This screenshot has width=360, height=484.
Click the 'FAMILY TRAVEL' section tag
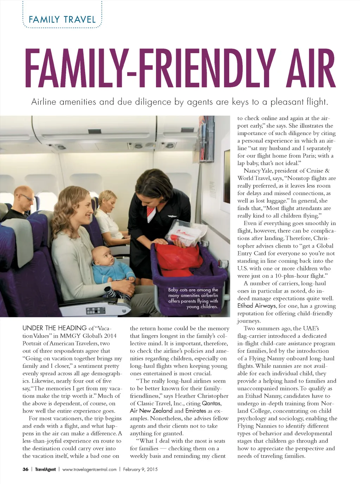(x=62, y=19)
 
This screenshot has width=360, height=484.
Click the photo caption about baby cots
(x=193, y=298)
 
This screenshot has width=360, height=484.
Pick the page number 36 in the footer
(x=25, y=469)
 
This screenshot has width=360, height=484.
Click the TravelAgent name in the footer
(x=45, y=469)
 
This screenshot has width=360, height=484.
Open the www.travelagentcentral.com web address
(x=89, y=469)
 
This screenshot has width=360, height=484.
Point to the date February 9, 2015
(x=140, y=469)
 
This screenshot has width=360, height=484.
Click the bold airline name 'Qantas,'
(x=212, y=403)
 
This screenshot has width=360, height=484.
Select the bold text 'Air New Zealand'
(x=151, y=411)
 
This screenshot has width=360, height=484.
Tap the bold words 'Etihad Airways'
(x=257, y=306)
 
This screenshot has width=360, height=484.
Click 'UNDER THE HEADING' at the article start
(x=54, y=328)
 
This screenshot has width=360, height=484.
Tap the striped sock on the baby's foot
(x=116, y=293)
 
